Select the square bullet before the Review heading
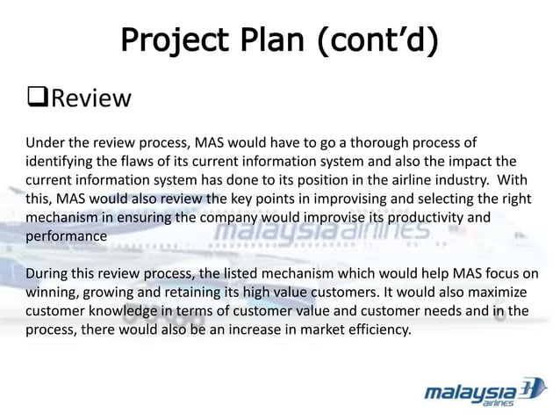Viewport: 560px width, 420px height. [x=37, y=98]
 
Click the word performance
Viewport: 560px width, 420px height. [x=67, y=235]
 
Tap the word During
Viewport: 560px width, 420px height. [x=47, y=273]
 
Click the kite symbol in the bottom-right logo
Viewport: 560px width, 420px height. [x=531, y=387]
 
